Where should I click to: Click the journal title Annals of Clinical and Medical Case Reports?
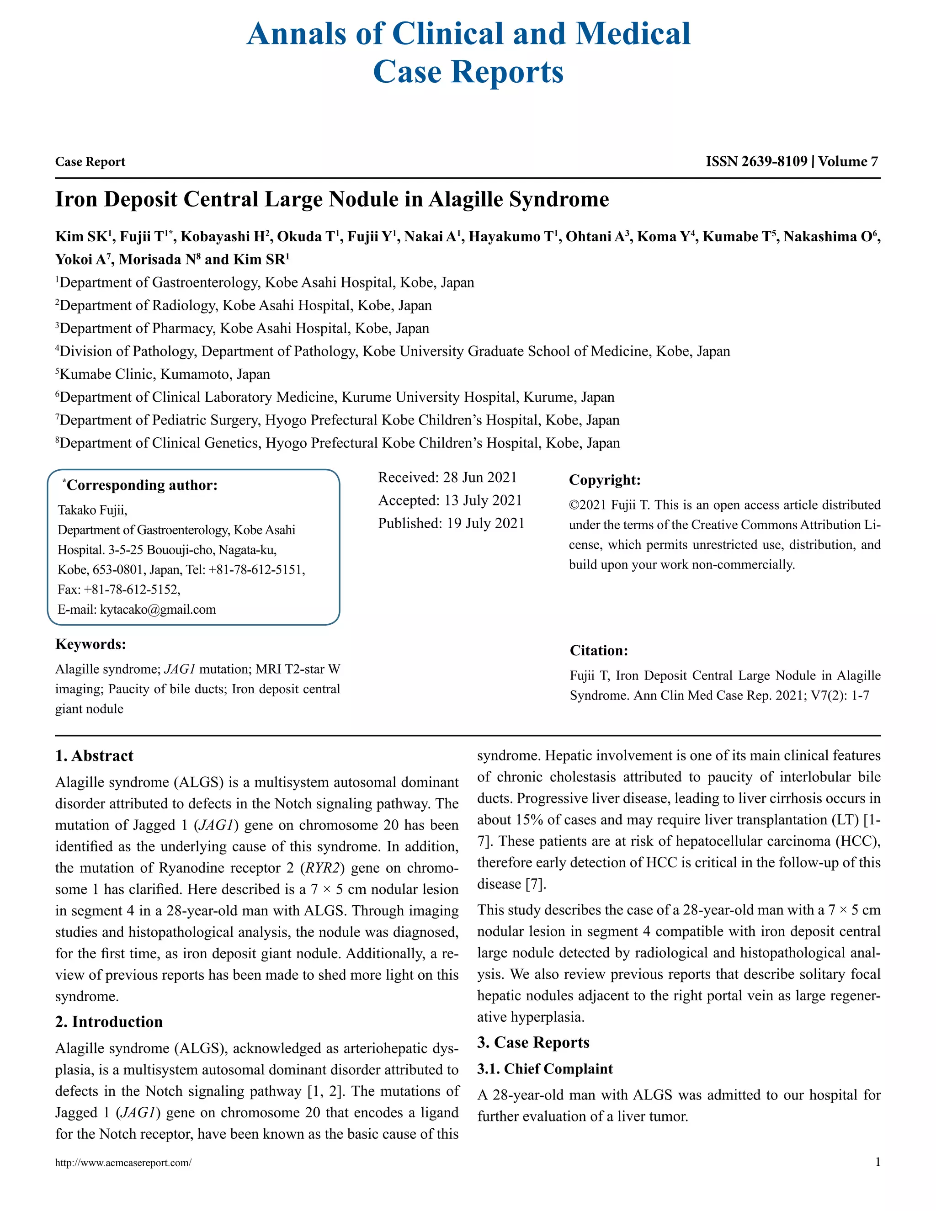pyautogui.click(x=468, y=53)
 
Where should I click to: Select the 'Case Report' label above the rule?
pyautogui.click(x=90, y=162)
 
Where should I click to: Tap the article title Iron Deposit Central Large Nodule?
pyautogui.click(x=332, y=200)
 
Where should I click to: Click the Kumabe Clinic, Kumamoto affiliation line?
pyautogui.click(x=164, y=374)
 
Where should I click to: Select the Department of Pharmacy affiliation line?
pyautogui.click(x=244, y=328)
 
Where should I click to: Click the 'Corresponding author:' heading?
pyautogui.click(x=141, y=485)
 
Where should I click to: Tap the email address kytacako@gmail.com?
pyautogui.click(x=158, y=609)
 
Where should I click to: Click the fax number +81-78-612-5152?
pyautogui.click(x=132, y=590)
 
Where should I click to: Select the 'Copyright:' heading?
pyautogui.click(x=604, y=480)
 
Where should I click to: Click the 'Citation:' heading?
pyautogui.click(x=599, y=650)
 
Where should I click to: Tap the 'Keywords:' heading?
pyautogui.click(x=90, y=644)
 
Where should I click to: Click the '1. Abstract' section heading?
pyautogui.click(x=94, y=756)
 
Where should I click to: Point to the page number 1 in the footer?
pyautogui.click(x=877, y=1162)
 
